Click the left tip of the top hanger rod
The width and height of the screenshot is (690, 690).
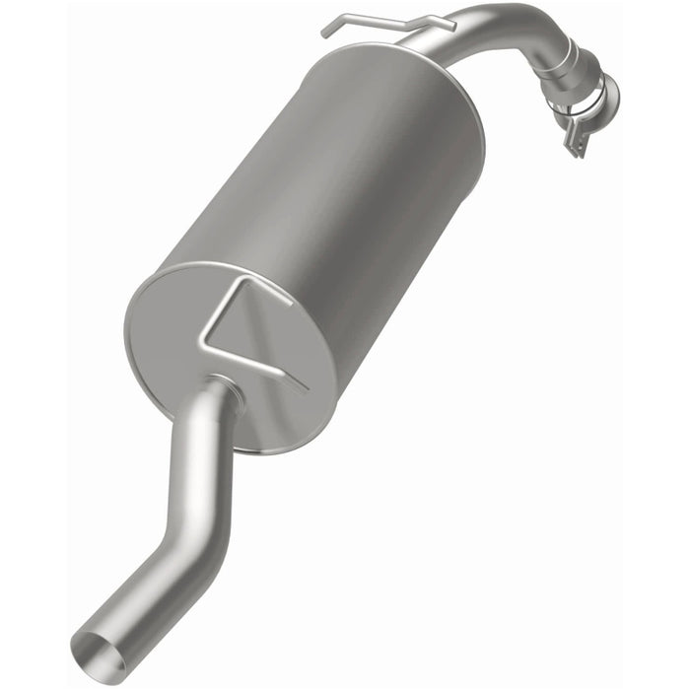coord(324,32)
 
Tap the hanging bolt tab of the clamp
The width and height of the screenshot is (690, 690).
coord(572,143)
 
